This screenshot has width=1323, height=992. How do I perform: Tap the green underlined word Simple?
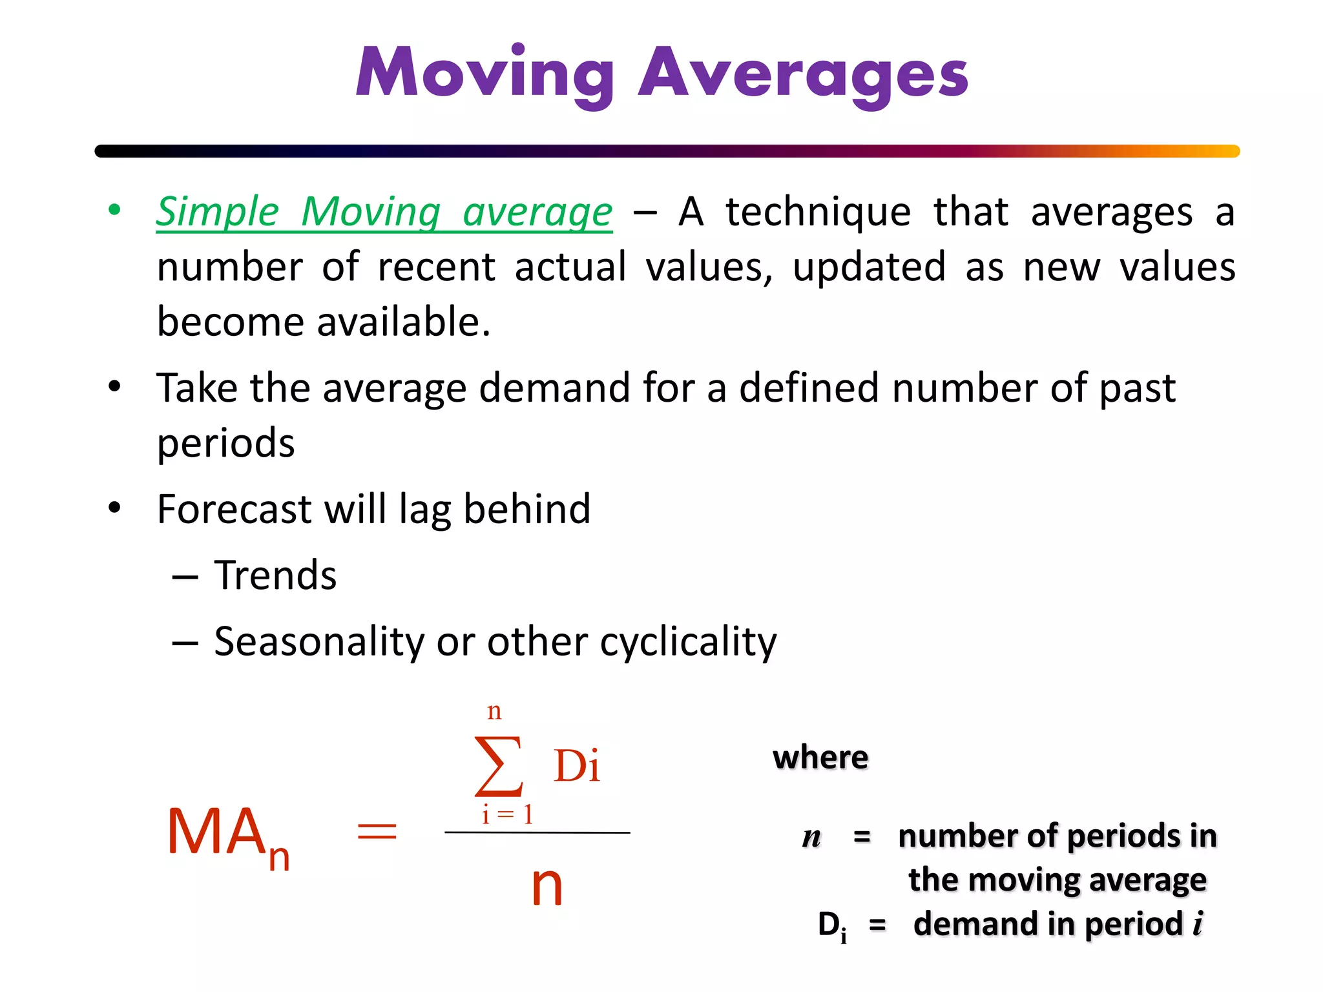tap(218, 212)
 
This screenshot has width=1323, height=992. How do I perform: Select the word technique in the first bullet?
tap(818, 212)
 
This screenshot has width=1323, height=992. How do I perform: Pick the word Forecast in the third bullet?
tap(234, 509)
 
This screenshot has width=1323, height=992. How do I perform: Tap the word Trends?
tap(275, 575)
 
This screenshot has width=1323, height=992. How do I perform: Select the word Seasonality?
tap(319, 641)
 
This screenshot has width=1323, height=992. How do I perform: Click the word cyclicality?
tap(688, 641)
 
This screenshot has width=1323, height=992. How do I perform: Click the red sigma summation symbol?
tap(499, 766)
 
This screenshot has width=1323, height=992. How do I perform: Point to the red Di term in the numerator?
tap(577, 767)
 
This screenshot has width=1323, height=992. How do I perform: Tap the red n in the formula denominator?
tap(547, 886)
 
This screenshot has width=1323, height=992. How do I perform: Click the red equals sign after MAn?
tap(377, 831)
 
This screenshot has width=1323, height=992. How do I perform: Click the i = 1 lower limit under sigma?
tap(507, 815)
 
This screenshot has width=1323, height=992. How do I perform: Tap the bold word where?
tap(820, 758)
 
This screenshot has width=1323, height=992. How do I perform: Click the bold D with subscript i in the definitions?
tap(831, 925)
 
